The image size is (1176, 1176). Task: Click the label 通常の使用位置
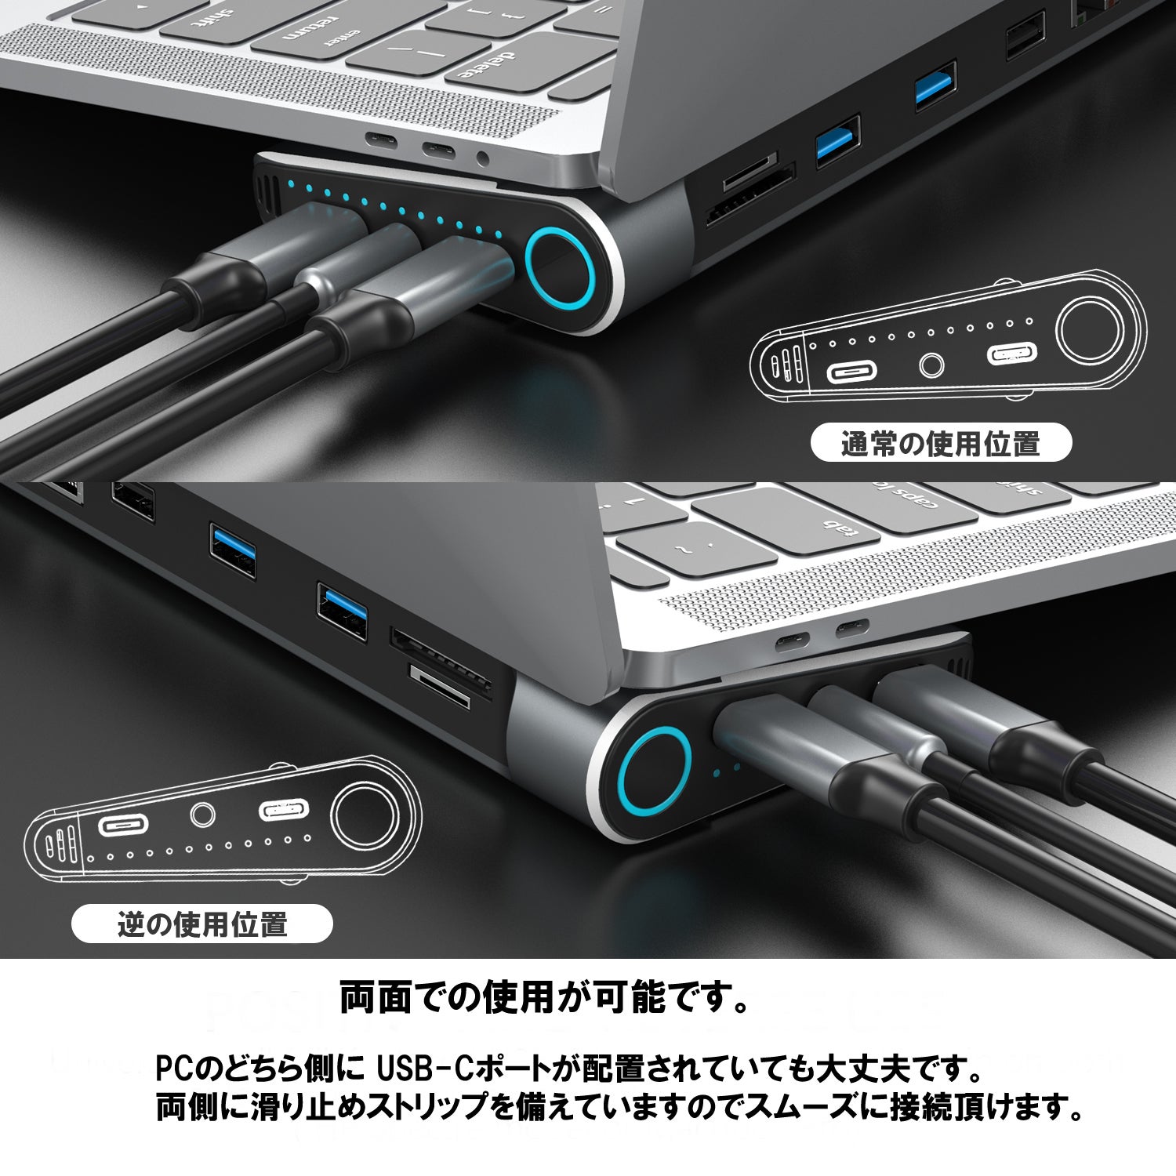940,444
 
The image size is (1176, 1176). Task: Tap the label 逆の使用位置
202,924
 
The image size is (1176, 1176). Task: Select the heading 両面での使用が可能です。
546,997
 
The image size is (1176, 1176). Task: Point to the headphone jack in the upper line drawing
931,365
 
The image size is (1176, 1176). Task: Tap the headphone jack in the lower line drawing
203,815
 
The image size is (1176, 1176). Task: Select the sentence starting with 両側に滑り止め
620,1108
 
